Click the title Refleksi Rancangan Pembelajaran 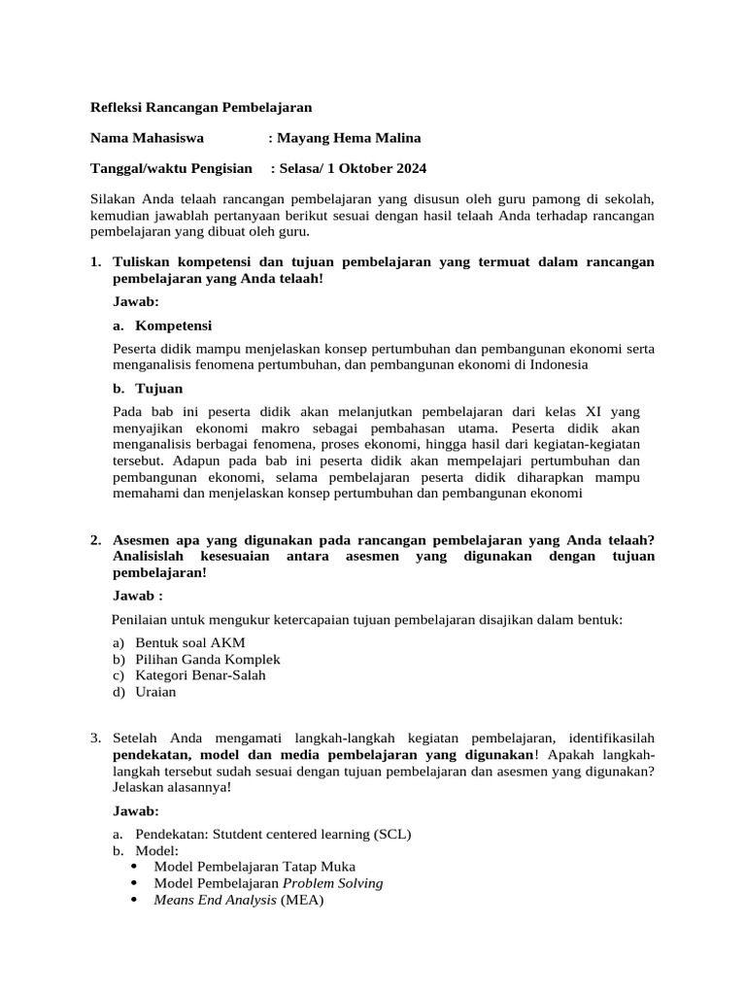tap(201, 107)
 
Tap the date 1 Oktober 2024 tap(379, 169)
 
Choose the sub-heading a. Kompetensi tap(162, 326)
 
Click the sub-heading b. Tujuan tap(148, 389)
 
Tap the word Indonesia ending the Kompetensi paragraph tap(554, 364)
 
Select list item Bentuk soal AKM tap(190, 643)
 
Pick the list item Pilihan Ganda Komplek tap(208, 659)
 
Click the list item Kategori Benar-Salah tap(200, 674)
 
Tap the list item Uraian tap(157, 691)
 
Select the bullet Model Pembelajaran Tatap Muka tap(254, 867)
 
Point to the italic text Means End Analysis tap(215, 900)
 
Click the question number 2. tap(95, 540)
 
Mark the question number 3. tap(95, 739)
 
